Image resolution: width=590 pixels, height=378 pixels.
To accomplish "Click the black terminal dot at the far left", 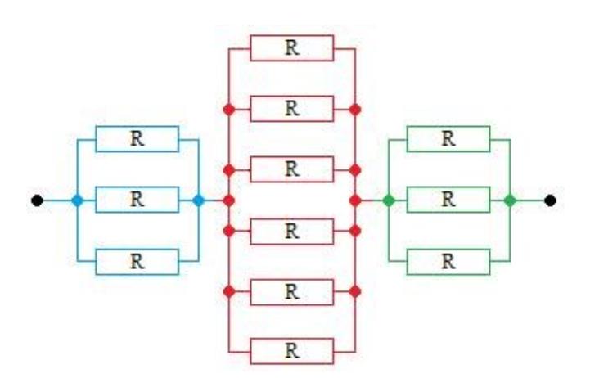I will click(37, 200).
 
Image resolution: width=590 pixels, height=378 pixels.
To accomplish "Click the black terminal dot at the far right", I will click(552, 200).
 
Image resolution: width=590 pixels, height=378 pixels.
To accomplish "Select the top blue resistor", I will click(137, 139).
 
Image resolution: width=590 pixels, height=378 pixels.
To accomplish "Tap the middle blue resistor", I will click(137, 200).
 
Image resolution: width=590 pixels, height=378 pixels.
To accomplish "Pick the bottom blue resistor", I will click(137, 261).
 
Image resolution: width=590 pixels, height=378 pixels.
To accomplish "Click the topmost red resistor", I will click(291, 48).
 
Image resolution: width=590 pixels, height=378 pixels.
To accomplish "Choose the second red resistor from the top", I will click(291, 109).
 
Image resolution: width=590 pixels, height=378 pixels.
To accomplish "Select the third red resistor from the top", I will click(291, 169).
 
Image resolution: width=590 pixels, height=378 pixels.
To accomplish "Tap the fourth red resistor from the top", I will click(291, 230).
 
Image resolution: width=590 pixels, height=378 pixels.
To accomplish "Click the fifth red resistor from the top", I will click(291, 290).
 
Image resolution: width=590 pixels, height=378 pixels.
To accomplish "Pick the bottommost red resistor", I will click(291, 351).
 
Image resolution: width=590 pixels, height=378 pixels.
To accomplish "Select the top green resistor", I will click(448, 139).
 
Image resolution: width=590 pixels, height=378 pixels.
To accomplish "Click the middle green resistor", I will click(448, 200).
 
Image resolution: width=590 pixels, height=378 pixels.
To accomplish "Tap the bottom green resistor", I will click(448, 261).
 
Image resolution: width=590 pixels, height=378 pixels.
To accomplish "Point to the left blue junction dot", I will click(77, 200).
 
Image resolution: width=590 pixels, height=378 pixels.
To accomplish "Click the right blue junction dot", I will click(198, 200).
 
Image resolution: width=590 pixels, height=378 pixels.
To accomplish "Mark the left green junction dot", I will click(388, 200).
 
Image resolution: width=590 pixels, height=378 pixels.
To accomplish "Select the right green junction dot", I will click(510, 200).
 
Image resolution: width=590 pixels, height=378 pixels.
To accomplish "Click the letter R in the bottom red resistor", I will click(291, 351).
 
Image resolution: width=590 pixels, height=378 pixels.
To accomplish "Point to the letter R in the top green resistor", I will click(448, 139).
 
